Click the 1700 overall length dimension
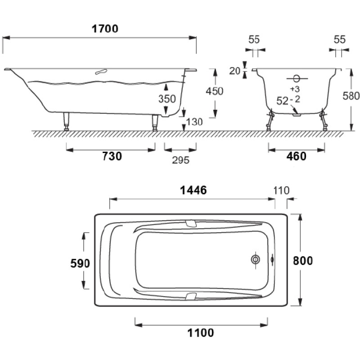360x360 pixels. click(x=105, y=29)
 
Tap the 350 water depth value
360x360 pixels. click(x=167, y=99)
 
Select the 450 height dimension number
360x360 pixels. click(x=215, y=91)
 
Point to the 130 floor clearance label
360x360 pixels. click(x=194, y=122)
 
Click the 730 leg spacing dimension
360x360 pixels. click(x=112, y=156)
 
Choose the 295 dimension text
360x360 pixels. click(x=181, y=160)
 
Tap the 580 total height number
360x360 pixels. click(x=351, y=96)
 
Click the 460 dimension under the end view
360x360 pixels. click(x=296, y=156)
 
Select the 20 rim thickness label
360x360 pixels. click(x=234, y=71)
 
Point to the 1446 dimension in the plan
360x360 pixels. click(x=193, y=190)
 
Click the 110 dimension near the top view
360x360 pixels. click(x=281, y=190)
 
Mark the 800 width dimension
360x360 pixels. click(x=303, y=261)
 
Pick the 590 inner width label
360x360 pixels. click(x=80, y=263)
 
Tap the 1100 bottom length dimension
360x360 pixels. click(x=201, y=333)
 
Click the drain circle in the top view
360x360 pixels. click(x=255, y=260)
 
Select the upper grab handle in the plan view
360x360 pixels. click(x=190, y=224)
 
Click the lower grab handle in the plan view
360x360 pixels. click(x=190, y=297)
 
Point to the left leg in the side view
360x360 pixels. click(x=66, y=121)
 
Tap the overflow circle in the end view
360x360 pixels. click(x=297, y=79)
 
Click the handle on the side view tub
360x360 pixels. click(x=101, y=72)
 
